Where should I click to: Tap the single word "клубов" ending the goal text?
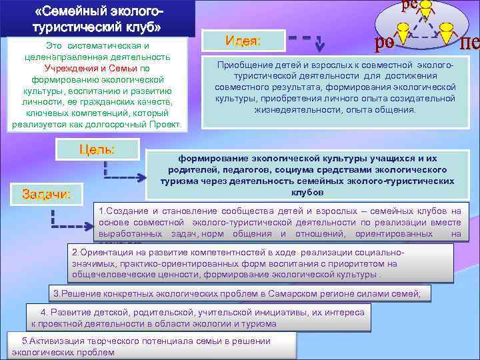tap(307, 192)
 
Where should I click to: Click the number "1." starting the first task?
tap(102, 211)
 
